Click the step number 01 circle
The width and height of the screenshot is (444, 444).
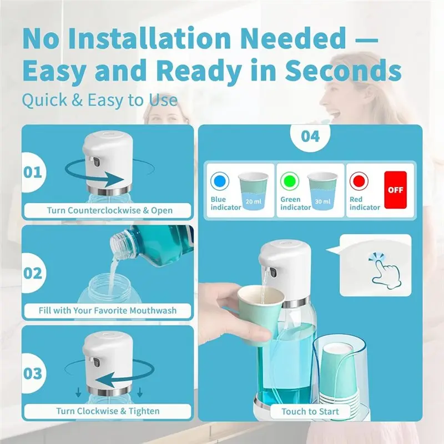click(32, 171)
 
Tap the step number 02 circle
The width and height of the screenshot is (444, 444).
click(32, 273)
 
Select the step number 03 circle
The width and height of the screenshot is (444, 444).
click(32, 373)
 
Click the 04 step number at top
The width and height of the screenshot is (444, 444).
click(310, 135)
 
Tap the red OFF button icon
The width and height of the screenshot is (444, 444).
click(395, 189)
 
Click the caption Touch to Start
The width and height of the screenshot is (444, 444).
click(310, 411)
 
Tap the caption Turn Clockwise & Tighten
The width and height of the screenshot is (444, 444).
click(108, 411)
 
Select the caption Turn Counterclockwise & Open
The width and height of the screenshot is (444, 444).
click(108, 210)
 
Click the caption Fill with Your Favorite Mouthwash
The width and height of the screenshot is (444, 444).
click(108, 310)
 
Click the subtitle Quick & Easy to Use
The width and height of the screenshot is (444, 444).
click(100, 100)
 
